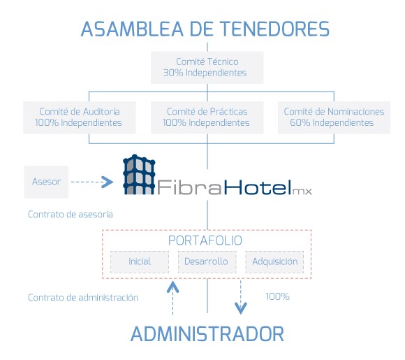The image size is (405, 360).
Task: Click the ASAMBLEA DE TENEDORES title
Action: [x=205, y=29]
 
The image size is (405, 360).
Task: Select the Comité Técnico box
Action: [x=205, y=67]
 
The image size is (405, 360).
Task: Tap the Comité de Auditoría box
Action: [x=78, y=117]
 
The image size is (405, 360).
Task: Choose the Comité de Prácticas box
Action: [x=207, y=117]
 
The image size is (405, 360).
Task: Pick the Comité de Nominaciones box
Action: [x=334, y=117]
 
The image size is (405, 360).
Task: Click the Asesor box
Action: [x=46, y=182]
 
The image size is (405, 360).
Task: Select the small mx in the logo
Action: [x=302, y=190]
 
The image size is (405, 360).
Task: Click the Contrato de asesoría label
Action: [x=70, y=215]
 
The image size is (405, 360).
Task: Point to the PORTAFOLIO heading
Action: [x=205, y=240]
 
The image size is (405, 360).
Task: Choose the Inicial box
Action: [x=140, y=261]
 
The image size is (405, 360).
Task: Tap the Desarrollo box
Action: [x=206, y=261]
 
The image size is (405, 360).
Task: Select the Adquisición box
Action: [x=274, y=261]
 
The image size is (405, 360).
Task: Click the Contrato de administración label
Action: [x=82, y=297]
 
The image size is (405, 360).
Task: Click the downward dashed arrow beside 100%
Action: [x=240, y=297]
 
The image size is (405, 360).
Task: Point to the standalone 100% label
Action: [x=277, y=296]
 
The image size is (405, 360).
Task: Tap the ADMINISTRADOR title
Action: [x=207, y=333]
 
